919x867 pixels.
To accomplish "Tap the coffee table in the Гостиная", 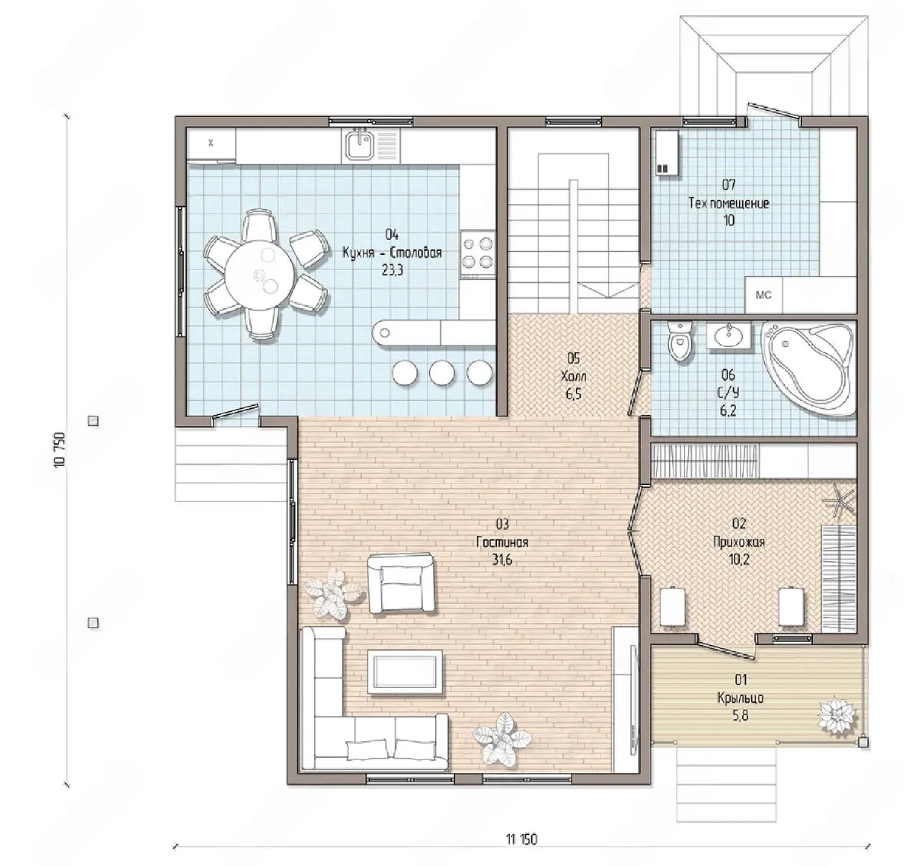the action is (405, 672).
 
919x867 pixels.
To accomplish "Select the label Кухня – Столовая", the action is (393, 253).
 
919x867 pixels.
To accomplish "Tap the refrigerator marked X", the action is (211, 144).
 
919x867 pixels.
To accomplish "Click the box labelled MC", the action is (763, 295).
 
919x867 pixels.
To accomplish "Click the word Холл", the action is (573, 376).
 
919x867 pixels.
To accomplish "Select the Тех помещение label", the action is (729, 203).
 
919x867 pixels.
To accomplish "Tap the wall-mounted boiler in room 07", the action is (667, 153).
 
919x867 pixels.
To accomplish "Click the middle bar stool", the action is (442, 372).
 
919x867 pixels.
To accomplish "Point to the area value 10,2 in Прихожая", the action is (739, 560).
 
